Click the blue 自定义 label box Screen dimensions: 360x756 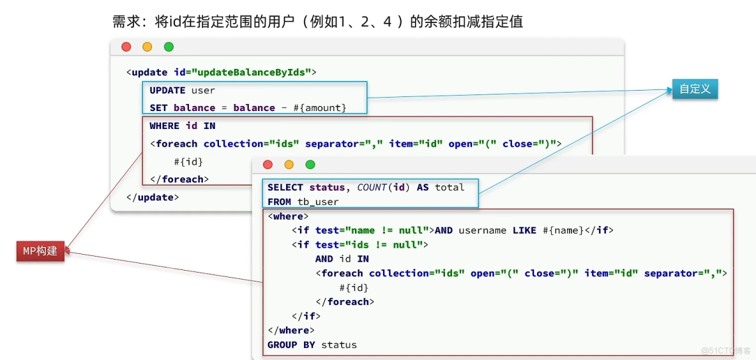pos(695,89)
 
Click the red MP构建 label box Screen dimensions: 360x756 pos(40,251)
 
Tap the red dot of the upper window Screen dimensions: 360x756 pos(126,47)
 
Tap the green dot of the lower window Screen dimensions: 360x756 pos(310,165)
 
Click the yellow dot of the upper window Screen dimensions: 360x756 pos(147,47)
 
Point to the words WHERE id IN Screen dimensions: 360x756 pos(182,126)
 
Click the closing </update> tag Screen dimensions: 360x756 pos(153,197)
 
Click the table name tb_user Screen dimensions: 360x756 pos(318,202)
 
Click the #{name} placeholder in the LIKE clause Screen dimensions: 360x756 pos(563,230)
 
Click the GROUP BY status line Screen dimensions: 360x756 pos(312,345)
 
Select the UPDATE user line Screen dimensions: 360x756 pos(182,90)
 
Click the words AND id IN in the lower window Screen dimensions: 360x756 pos(342,259)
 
